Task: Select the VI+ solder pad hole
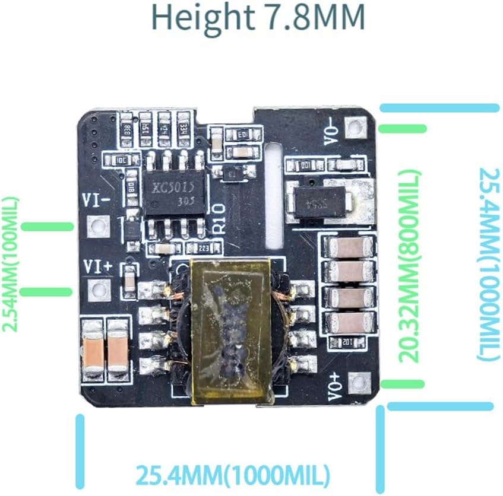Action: pos(98,290)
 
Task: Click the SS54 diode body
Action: pos(321,202)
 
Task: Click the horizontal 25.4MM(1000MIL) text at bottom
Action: pos(232,474)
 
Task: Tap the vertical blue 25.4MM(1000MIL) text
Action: pos(488,263)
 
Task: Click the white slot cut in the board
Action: pos(273,196)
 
